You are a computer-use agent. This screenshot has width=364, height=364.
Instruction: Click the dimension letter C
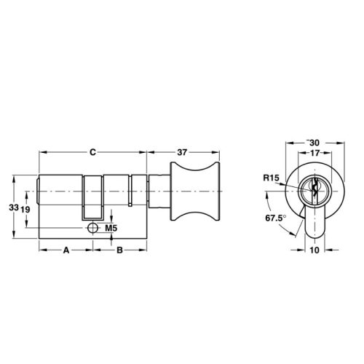coord(92,153)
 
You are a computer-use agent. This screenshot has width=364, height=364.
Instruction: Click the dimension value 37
coord(183,153)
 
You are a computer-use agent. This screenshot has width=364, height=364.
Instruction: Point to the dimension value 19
coord(25,209)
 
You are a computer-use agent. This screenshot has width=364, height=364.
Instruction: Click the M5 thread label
coord(111,229)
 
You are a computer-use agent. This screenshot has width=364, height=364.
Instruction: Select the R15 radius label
coord(272,178)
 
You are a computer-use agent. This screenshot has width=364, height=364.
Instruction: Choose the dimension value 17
coord(314,154)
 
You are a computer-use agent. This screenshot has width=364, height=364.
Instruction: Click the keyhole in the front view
coord(314,191)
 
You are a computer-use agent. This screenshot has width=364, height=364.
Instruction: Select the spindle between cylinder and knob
coord(157,192)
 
